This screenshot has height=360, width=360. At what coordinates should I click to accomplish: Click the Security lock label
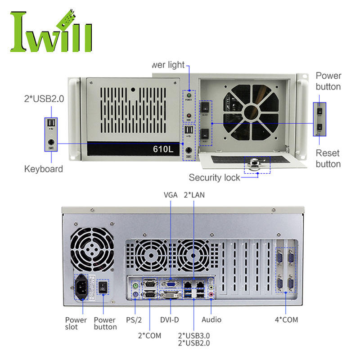(215, 177)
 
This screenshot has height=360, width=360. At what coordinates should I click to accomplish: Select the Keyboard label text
(43, 169)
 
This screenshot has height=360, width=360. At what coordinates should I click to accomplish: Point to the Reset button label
(328, 158)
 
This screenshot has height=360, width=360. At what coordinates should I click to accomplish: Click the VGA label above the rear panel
(171, 195)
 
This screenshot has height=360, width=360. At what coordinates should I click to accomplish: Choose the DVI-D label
(170, 319)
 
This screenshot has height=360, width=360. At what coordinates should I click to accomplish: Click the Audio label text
(211, 319)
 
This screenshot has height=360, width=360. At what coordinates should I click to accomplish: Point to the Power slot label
(76, 323)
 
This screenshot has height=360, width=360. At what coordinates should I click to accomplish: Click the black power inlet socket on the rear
(83, 286)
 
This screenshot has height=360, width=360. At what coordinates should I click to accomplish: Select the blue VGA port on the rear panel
(170, 284)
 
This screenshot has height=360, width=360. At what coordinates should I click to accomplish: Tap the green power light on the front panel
(189, 95)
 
